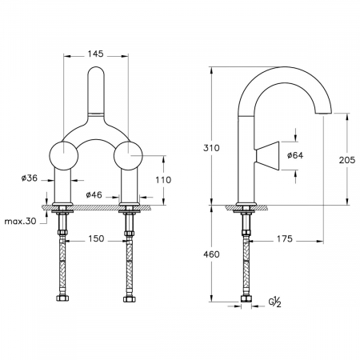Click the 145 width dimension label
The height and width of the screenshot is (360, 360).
[95, 54]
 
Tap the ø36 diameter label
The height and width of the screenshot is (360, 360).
[30, 178]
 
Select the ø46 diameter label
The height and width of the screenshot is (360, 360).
[94, 195]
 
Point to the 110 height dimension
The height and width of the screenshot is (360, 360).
[163, 180]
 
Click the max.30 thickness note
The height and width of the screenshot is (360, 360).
[20, 221]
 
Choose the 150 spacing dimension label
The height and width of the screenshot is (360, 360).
[96, 238]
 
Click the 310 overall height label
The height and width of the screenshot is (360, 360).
[211, 148]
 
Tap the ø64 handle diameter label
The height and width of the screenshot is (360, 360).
[295, 155]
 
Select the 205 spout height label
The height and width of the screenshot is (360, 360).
[347, 160]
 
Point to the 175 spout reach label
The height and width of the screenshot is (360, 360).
[285, 239]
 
